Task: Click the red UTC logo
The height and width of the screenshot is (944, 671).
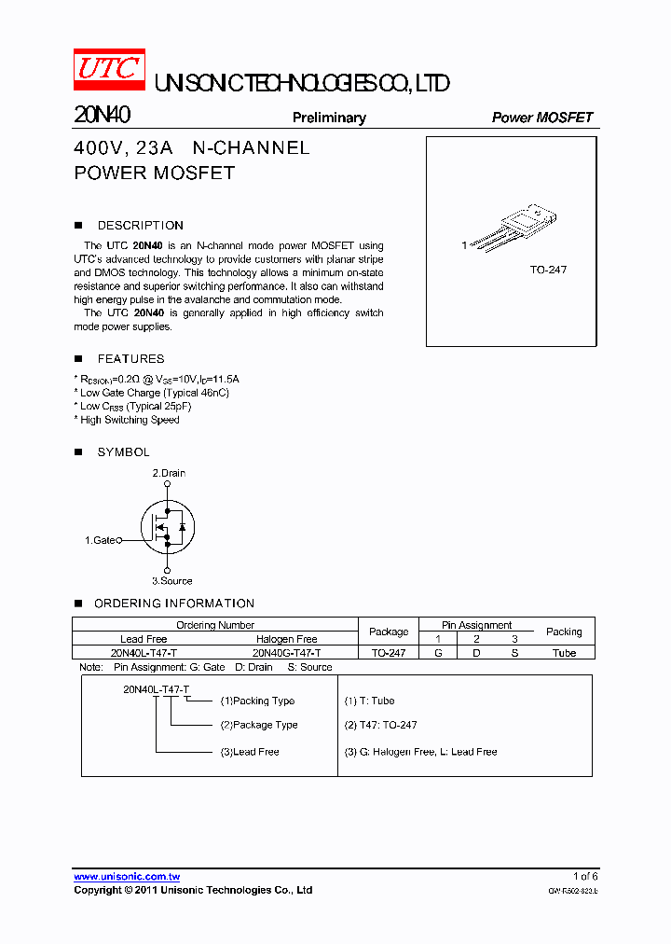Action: pos(109,70)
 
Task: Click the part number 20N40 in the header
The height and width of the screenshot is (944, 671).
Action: pos(102,116)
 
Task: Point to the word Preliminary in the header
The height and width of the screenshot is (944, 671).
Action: pos(329,118)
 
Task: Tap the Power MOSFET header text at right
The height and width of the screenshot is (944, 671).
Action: pos(541,118)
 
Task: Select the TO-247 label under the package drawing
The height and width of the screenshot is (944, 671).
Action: pos(548,270)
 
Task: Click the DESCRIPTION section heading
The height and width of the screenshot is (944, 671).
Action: pos(140,226)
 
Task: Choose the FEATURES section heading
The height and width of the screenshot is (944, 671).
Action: pos(130,359)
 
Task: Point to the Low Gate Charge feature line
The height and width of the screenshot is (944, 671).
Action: pos(154,393)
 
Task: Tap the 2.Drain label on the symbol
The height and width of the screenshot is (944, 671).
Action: pos(169,473)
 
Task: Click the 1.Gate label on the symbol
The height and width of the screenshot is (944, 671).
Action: pos(100,540)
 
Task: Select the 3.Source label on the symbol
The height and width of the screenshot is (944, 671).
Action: pos(171,580)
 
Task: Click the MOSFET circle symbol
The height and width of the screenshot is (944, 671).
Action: pos(167,526)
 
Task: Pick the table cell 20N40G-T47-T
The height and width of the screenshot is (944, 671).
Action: pos(287,653)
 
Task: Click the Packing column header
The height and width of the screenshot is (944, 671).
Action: pos(564,632)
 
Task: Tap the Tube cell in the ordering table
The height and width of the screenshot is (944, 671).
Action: pos(564,653)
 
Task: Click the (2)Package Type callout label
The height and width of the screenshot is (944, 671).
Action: pos(259,725)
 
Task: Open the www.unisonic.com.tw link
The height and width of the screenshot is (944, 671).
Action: pos(127,877)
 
